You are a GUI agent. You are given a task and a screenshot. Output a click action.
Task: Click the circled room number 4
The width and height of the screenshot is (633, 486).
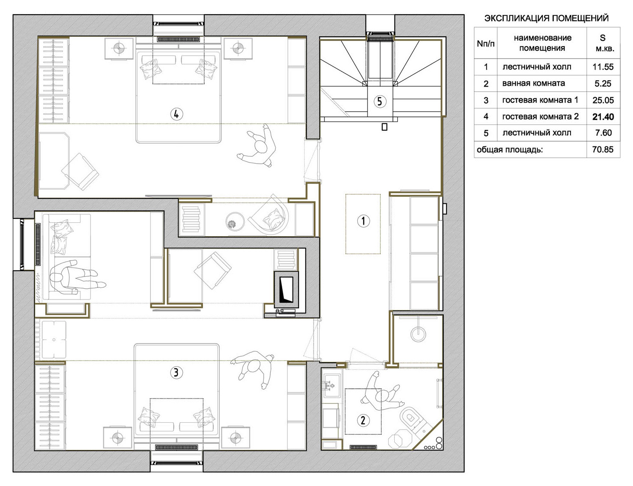point(176,114)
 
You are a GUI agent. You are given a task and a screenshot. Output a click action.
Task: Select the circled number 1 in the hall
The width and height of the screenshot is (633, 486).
point(363,221)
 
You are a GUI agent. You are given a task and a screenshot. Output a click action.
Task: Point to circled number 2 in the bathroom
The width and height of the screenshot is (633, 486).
point(363,421)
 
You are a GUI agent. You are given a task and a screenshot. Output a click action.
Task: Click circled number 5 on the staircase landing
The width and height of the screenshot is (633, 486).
point(380,101)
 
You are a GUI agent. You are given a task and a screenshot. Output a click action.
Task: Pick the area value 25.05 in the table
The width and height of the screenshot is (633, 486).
point(603,100)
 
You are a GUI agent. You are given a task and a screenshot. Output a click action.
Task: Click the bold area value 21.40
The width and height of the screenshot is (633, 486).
point(603,117)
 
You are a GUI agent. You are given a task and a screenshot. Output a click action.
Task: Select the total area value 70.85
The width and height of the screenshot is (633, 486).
point(603,150)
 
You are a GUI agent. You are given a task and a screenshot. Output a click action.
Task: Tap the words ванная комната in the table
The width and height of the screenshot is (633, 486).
point(533,83)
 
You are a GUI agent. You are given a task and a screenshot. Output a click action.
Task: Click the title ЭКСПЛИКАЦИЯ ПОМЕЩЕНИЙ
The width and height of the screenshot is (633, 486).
point(546,18)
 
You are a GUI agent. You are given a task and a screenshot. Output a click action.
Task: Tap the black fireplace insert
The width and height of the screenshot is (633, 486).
point(286,290)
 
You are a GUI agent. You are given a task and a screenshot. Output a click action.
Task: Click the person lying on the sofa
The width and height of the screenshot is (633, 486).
point(76,277)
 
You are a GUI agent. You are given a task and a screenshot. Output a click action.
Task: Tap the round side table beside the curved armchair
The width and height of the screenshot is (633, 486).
point(234,221)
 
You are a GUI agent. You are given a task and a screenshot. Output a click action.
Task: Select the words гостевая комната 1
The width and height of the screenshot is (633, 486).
point(540,100)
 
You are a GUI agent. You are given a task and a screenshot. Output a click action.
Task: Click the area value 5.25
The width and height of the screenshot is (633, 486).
point(603,84)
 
